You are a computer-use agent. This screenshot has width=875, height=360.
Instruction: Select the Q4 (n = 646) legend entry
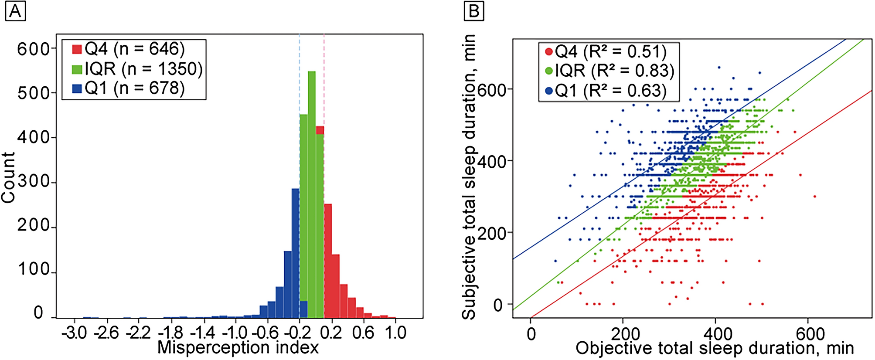pos(128,49)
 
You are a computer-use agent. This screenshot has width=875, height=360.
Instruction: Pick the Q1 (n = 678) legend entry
pos(128,88)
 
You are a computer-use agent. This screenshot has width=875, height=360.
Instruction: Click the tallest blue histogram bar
pos(295,253)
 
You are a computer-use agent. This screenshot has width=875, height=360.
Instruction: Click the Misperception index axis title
pos(238,348)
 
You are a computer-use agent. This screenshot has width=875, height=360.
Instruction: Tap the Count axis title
pos(9,177)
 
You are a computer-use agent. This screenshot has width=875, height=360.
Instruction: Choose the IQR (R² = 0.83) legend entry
pos(609,71)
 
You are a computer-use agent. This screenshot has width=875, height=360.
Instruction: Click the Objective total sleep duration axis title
pos(714,348)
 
